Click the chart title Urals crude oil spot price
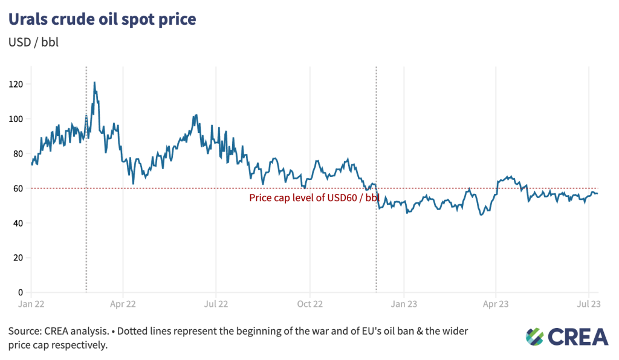pyautogui.click(x=102, y=19)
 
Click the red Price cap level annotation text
pyautogui.click(x=314, y=198)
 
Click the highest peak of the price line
pyautogui.click(x=94, y=82)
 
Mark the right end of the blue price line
pyautogui.click(x=598, y=193)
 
